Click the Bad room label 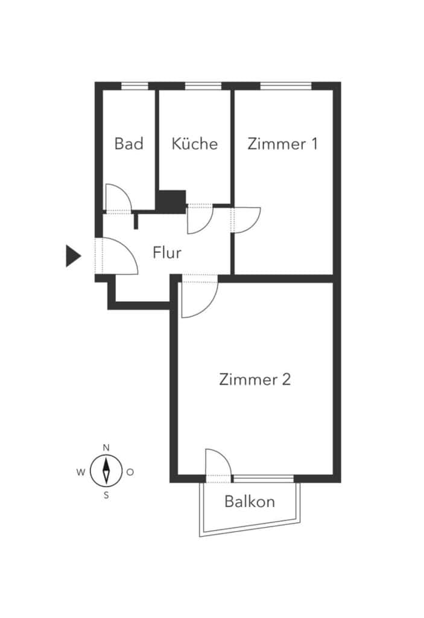click(129, 144)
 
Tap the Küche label click(194, 144)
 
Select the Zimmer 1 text click(283, 144)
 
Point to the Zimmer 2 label click(255, 380)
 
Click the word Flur click(167, 252)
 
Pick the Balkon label click(250, 501)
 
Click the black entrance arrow click(73, 256)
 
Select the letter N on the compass click(106, 448)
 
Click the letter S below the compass click(106, 495)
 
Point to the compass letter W click(80, 472)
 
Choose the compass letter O click(130, 472)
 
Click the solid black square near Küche click(172, 202)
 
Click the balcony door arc click(219, 463)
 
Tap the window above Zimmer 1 click(286, 86)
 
